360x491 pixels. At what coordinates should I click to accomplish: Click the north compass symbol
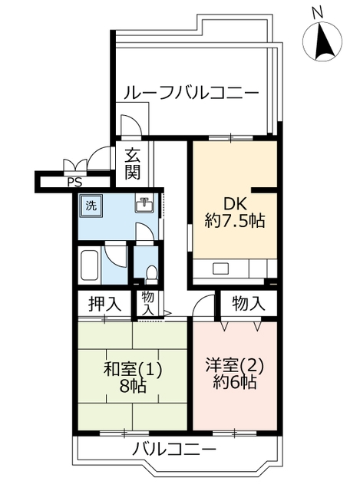coord(322,37)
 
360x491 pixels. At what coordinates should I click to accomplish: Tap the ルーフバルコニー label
coord(191,93)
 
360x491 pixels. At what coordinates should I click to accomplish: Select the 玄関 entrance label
coord(133,163)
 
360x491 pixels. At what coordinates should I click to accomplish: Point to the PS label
coord(75,182)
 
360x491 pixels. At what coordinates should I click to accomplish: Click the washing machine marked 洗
coord(91,206)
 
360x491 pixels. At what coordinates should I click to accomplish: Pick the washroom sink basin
coord(144,205)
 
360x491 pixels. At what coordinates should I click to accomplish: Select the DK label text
coord(235,204)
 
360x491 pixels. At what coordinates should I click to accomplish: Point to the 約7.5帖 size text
coord(235,221)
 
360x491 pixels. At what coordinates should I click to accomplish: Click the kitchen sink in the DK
coord(221,269)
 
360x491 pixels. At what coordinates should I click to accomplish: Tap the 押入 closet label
coord(104,304)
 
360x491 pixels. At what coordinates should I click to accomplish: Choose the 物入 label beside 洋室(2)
coord(249,303)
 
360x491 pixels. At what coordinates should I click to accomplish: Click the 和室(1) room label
coord(133,369)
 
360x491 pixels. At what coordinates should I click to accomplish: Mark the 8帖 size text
coord(132,387)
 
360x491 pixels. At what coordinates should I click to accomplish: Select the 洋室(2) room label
coord(235,365)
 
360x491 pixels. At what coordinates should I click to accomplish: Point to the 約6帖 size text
coord(235,382)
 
